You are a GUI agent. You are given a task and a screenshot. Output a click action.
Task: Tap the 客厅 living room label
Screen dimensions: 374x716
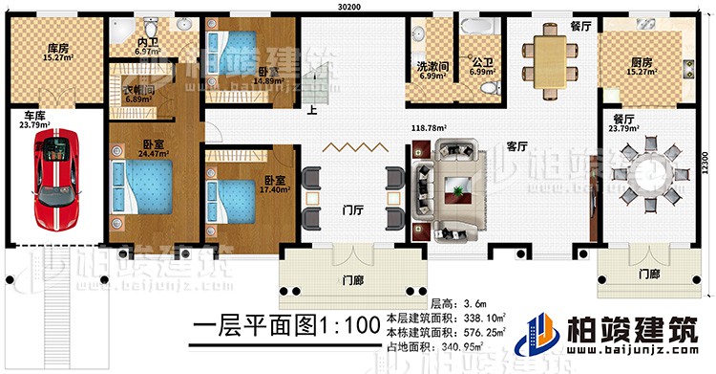516,146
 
